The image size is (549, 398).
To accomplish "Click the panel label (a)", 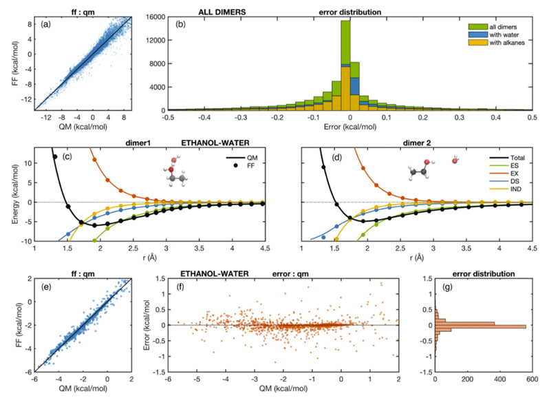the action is [x=45, y=24].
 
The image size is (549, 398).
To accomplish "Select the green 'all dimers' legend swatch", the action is [x=477, y=27].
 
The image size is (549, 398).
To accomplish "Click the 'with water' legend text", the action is [x=504, y=34].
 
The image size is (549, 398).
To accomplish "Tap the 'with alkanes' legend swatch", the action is [x=477, y=43].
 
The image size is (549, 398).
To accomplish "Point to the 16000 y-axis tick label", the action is [x=156, y=17].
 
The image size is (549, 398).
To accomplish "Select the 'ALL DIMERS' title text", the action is [x=222, y=12].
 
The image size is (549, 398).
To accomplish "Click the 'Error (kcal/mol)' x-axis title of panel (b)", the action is [x=350, y=127].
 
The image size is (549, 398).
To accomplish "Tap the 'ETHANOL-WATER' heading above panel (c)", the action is [x=215, y=143].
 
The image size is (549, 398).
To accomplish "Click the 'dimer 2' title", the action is [x=417, y=143].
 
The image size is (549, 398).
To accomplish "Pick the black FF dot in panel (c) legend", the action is [x=236, y=165].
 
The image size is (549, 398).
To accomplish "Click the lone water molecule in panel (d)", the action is [x=455, y=160].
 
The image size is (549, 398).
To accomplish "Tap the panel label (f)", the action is [x=181, y=287].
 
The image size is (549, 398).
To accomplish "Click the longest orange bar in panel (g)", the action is [x=481, y=327].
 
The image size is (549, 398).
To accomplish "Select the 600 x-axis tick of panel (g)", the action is [x=532, y=379].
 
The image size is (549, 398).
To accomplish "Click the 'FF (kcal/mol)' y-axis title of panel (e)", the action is [x=19, y=325].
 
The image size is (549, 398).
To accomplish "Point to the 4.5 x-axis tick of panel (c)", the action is [x=265, y=249].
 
